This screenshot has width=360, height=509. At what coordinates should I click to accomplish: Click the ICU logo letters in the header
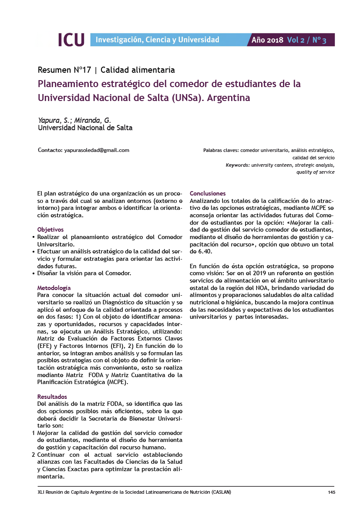[71, 40]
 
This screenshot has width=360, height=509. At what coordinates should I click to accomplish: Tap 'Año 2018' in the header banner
[267, 40]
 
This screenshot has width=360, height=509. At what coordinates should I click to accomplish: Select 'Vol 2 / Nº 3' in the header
[306, 40]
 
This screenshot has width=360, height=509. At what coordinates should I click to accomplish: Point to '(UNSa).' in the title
[187, 98]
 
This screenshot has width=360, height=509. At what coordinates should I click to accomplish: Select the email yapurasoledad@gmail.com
[97, 150]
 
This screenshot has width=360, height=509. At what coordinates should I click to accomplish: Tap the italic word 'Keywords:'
[238, 165]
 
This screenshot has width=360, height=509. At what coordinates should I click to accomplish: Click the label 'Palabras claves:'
[221, 150]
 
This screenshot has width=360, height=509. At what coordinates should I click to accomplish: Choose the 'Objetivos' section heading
[50, 229]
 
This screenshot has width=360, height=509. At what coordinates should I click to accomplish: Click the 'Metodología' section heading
[54, 288]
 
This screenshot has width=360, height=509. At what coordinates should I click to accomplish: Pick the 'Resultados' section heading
[52, 397]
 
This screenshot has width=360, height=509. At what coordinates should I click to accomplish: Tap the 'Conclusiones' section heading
[208, 193]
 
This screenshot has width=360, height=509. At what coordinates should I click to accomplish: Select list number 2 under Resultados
[34, 455]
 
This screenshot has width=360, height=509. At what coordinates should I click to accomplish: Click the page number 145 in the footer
[331, 492]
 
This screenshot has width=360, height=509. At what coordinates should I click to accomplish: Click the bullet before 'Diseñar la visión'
[34, 273]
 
